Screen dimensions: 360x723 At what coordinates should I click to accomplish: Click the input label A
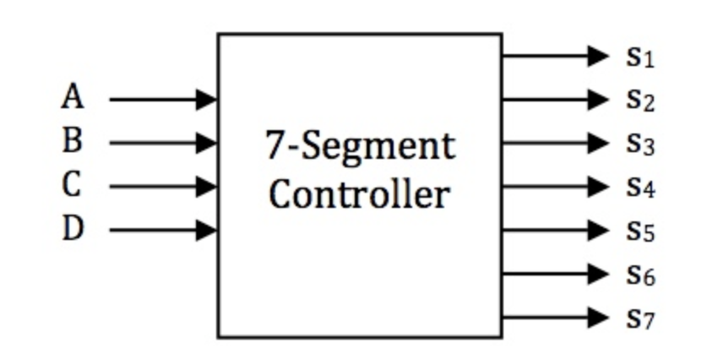pyautogui.click(x=73, y=97)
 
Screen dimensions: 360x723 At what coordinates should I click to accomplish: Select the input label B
pyautogui.click(x=73, y=141)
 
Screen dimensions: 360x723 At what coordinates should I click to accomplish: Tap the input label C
pyautogui.click(x=73, y=185)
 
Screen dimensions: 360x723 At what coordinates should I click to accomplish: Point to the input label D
pyautogui.click(x=73, y=229)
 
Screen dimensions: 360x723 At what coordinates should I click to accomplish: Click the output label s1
pyautogui.click(x=640, y=57)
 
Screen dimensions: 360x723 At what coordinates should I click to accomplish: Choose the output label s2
pyautogui.click(x=640, y=101)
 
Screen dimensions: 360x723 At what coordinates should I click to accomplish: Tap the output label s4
pyautogui.click(x=640, y=187)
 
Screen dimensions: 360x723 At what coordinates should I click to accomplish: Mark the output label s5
pyautogui.click(x=640, y=231)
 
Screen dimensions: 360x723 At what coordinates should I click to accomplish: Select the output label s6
pyautogui.click(x=640, y=274)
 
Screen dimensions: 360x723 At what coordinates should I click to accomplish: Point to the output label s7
pyautogui.click(x=640, y=318)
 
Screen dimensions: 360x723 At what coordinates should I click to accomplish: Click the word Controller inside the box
pyautogui.click(x=359, y=194)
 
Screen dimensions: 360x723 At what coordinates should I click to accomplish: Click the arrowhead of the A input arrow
pyautogui.click(x=206, y=100)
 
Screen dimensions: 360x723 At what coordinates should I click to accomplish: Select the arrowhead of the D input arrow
pyautogui.click(x=206, y=230)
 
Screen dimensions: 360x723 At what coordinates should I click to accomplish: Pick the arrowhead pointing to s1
pyautogui.click(x=598, y=57)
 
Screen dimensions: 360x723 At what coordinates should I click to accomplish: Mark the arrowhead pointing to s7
pyautogui.click(x=598, y=318)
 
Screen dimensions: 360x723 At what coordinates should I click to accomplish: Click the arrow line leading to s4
pyautogui.click(x=545, y=186)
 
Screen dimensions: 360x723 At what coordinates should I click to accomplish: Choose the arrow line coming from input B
pyautogui.click(x=152, y=143)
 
